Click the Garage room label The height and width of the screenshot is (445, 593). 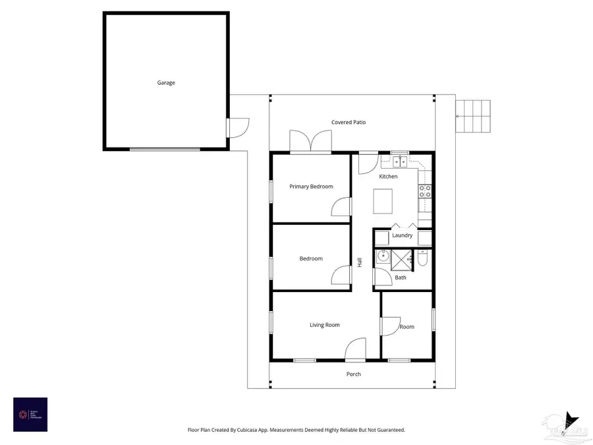coord(166,83)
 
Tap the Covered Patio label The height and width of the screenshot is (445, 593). coord(348,122)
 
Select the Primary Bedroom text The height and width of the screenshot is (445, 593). coord(311,187)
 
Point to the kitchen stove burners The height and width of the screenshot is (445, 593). coord(425,191)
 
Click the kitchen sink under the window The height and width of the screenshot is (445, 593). coord(400,160)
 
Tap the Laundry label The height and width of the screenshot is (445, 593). coord(402,235)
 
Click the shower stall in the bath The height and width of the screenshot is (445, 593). coord(400,260)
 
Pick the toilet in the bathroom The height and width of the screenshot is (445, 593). coord(424,258)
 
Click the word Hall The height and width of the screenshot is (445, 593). coord(360,262)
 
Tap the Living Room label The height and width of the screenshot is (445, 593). coord(325,325)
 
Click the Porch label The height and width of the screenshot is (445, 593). coord(354,374)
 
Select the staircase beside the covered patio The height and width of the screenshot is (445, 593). coord(475,116)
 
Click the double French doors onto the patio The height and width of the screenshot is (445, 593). coord(310,142)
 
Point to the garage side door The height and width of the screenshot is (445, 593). coord(236,127)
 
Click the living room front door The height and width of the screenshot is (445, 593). coord(355,350)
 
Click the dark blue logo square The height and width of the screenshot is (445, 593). coord(30,414)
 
